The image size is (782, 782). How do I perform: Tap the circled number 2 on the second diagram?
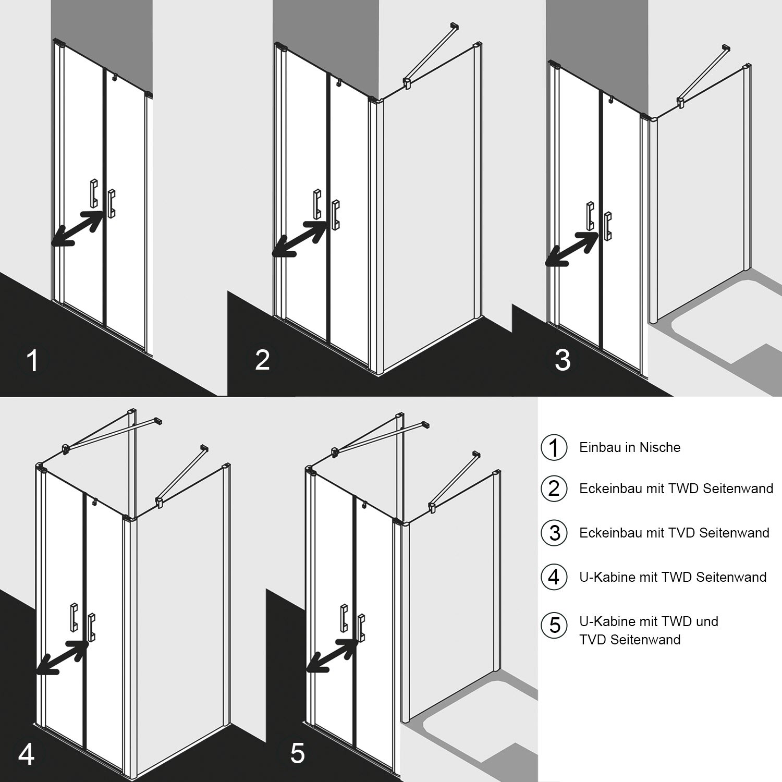point(262,360)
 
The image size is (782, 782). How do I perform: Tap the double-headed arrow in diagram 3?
point(571,249)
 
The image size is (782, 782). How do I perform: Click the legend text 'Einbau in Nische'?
point(630,447)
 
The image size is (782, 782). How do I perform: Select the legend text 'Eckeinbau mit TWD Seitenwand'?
point(676,488)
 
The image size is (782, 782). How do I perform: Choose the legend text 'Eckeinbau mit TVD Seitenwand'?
point(674,533)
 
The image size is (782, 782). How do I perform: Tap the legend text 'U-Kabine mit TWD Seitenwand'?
point(673,577)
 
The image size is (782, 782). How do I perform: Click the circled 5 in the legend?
point(554,625)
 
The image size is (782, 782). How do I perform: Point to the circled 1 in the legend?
point(554,448)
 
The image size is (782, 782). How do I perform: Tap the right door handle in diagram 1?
point(111,204)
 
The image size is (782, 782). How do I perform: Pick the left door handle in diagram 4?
point(75,616)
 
